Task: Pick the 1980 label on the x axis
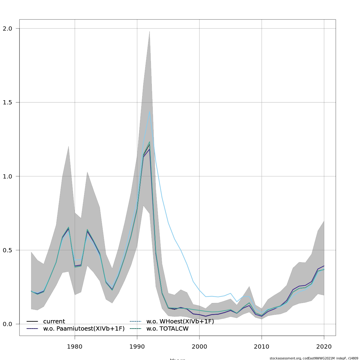(x=75, y=347)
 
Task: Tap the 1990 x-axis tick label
(x=137, y=347)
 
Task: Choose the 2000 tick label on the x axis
(x=199, y=347)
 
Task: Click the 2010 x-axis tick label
(x=262, y=347)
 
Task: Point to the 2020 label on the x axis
(x=324, y=347)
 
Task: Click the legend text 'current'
(x=54, y=322)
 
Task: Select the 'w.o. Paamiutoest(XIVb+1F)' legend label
(x=84, y=329)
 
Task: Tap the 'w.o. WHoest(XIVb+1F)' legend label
(x=180, y=322)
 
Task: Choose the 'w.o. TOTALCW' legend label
(x=167, y=329)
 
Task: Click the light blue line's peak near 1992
(x=149, y=112)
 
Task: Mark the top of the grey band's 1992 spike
(x=149, y=31)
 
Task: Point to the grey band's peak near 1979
(x=68, y=146)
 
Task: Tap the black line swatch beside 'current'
(x=32, y=322)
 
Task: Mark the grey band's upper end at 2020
(x=324, y=221)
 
